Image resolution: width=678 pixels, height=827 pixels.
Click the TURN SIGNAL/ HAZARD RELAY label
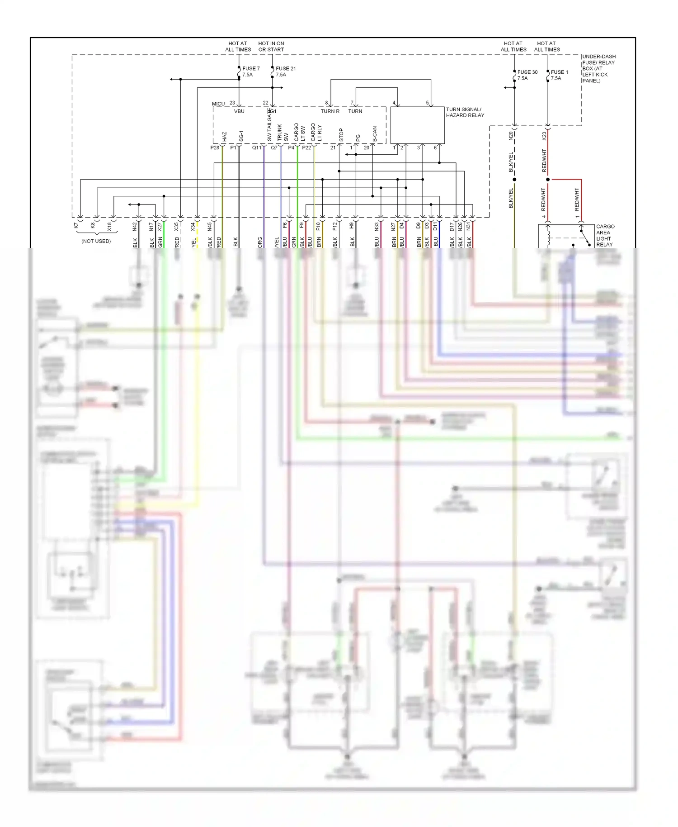(465, 112)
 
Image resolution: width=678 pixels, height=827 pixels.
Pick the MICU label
(218, 104)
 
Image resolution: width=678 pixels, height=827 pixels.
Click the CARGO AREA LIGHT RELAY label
(605, 235)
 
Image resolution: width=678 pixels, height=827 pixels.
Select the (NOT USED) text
(96, 241)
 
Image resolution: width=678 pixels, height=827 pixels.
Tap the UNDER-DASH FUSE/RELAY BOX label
(598, 68)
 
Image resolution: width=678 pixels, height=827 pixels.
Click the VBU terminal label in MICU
(239, 111)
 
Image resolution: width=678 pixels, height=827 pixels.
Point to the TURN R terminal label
(330, 111)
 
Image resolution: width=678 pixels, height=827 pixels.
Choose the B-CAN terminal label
(374, 134)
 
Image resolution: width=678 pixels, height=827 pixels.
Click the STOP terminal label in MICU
(341, 135)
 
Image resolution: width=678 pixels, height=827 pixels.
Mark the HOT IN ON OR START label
(271, 47)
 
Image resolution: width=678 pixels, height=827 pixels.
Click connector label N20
(511, 135)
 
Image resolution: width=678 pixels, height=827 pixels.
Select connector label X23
(544, 135)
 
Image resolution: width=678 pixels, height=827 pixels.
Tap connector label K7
(76, 225)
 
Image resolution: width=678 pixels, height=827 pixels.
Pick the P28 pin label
(215, 147)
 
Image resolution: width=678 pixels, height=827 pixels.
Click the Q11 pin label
(256, 147)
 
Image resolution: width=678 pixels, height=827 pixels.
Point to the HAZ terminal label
(224, 136)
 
